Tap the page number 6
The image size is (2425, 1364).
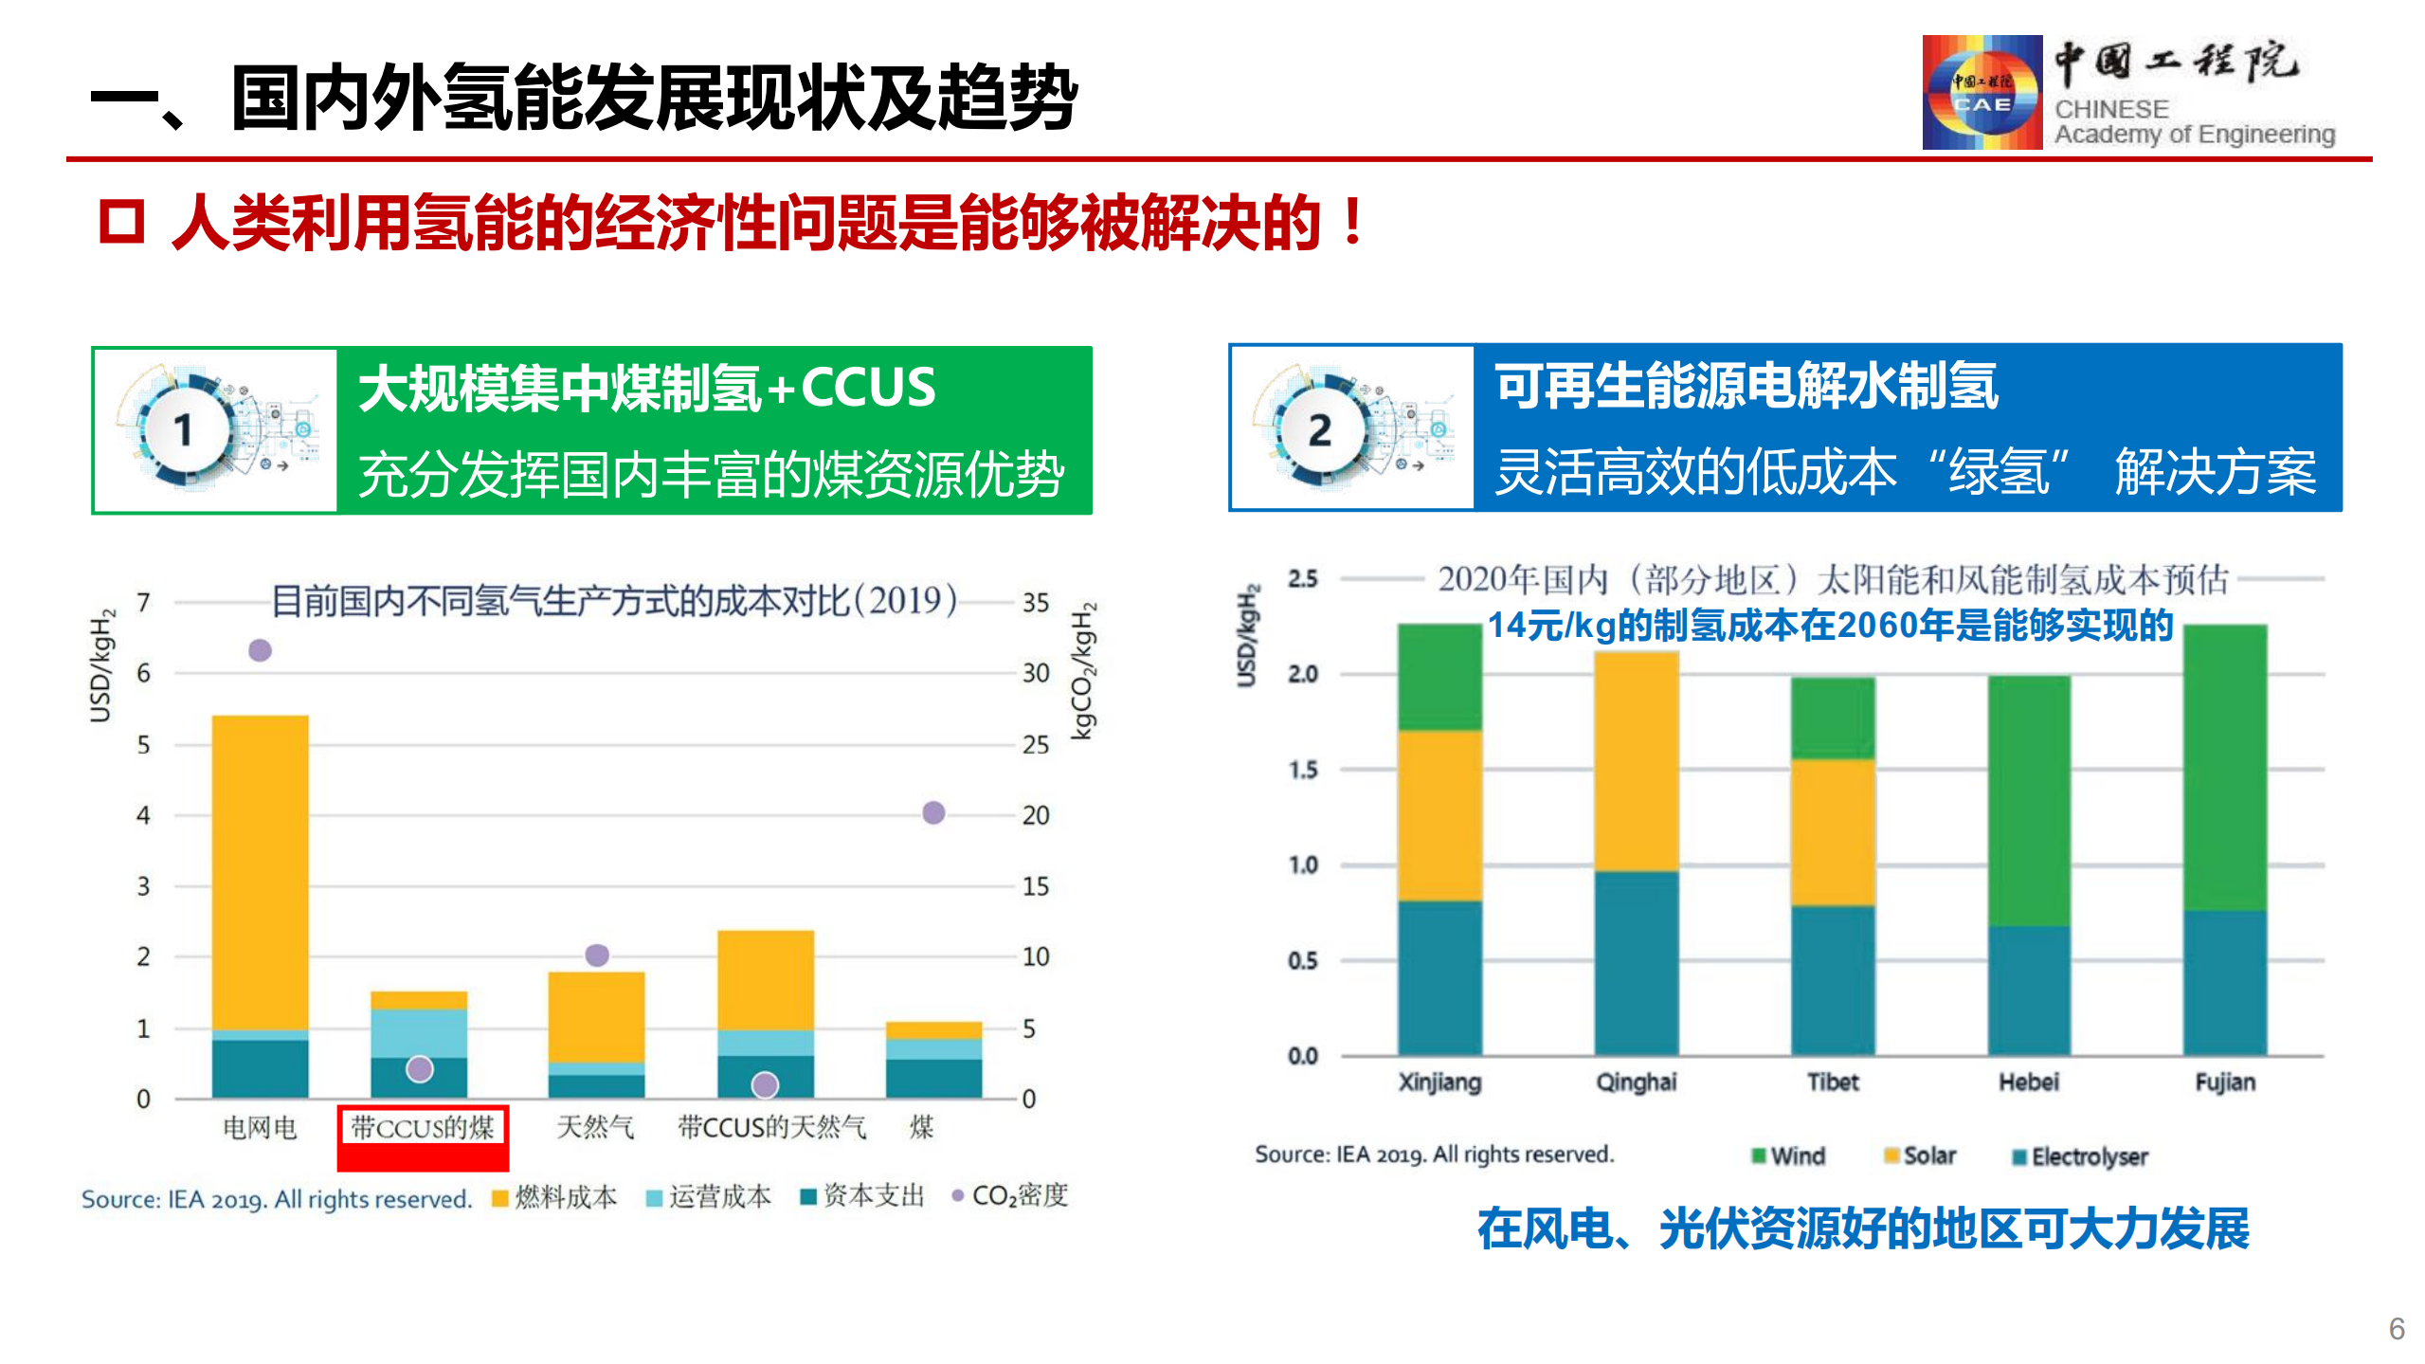point(2397,1329)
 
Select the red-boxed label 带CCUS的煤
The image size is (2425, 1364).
point(423,1128)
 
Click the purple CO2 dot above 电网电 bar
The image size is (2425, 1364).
point(260,650)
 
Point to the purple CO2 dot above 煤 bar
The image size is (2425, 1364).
point(933,812)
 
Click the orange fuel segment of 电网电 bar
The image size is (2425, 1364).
point(260,872)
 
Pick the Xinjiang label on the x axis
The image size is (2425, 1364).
point(1439,1082)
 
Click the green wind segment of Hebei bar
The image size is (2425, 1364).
point(2029,801)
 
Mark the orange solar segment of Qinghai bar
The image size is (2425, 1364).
point(1637,761)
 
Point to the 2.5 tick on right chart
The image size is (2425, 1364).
point(1303,578)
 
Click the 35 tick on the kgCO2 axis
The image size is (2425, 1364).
point(1036,603)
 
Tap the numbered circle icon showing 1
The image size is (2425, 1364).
point(184,431)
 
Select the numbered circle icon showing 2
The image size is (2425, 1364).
point(1320,431)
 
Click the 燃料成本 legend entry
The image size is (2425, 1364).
point(554,1197)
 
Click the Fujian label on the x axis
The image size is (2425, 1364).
point(2225,1082)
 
